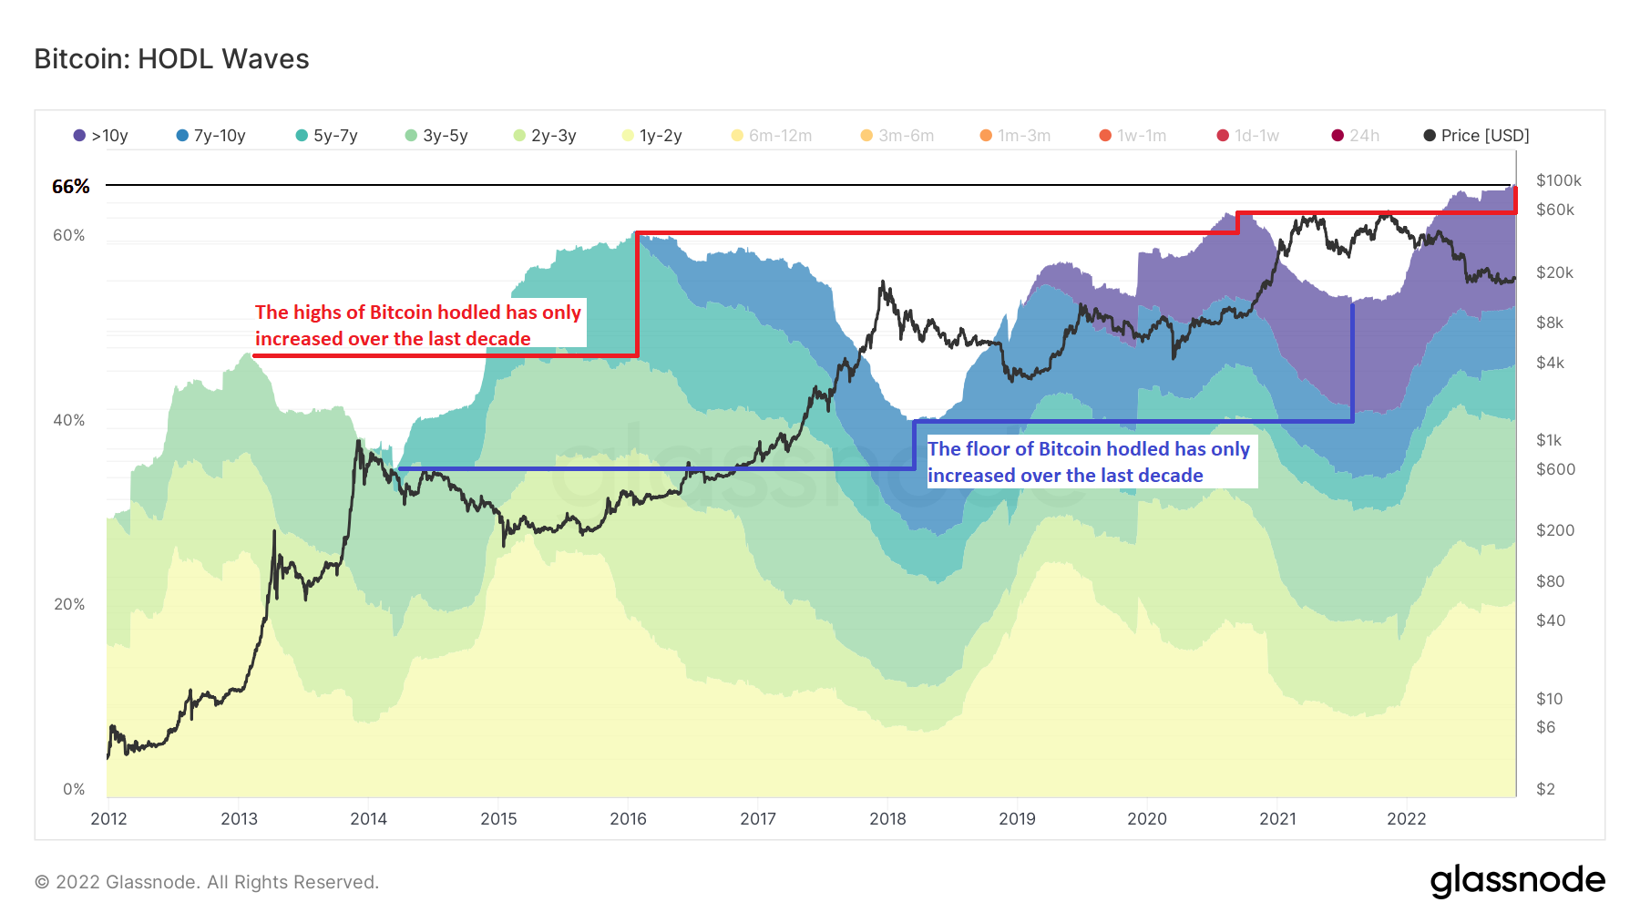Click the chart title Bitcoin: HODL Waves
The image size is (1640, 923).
pos(171,59)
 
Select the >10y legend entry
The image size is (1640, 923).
pos(101,136)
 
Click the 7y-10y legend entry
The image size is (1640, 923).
pos(211,136)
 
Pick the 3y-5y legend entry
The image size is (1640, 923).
pos(436,136)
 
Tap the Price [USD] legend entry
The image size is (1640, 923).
pos(1476,136)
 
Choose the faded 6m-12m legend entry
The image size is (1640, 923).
pos(772,136)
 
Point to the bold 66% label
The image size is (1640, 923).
pos(71,187)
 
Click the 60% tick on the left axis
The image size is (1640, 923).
pos(68,235)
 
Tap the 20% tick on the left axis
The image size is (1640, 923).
pos(68,604)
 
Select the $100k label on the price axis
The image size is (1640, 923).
pos(1558,180)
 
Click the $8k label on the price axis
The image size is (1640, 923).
pos(1549,323)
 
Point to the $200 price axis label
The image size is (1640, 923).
pos(1554,530)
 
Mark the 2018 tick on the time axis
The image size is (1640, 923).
pos(887,818)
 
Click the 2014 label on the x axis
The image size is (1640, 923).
pos(368,818)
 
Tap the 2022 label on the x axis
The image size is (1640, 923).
pos(1406,818)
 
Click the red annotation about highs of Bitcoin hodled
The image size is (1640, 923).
pos(418,325)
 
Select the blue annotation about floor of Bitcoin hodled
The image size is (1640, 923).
pos(1089,462)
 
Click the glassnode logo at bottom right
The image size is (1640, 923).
pos(1517,881)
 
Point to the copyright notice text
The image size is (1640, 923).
pos(207,882)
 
